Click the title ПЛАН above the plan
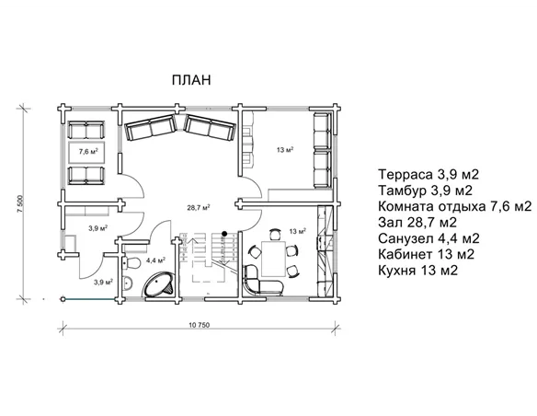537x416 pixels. tap(191, 80)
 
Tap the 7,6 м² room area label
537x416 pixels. tap(88, 151)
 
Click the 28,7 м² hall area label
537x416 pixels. tap(199, 207)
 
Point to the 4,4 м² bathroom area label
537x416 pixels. tap(155, 260)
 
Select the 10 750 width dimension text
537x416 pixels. tap(199, 325)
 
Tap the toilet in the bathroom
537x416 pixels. tap(131, 263)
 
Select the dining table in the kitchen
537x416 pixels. tap(273, 259)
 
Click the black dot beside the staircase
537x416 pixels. tap(224, 234)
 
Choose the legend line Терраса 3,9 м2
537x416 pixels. tap(428, 175)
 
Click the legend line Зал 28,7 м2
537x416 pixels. tap(417, 223)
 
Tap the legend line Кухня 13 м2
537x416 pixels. tap(417, 271)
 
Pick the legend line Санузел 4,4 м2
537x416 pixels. tap(428, 238)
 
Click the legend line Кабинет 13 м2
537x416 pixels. tap(426, 254)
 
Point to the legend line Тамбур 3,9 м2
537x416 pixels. tap(426, 191)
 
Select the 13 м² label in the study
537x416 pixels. tap(285, 150)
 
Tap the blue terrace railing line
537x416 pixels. tap(90, 299)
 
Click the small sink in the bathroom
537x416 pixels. tap(128, 283)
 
